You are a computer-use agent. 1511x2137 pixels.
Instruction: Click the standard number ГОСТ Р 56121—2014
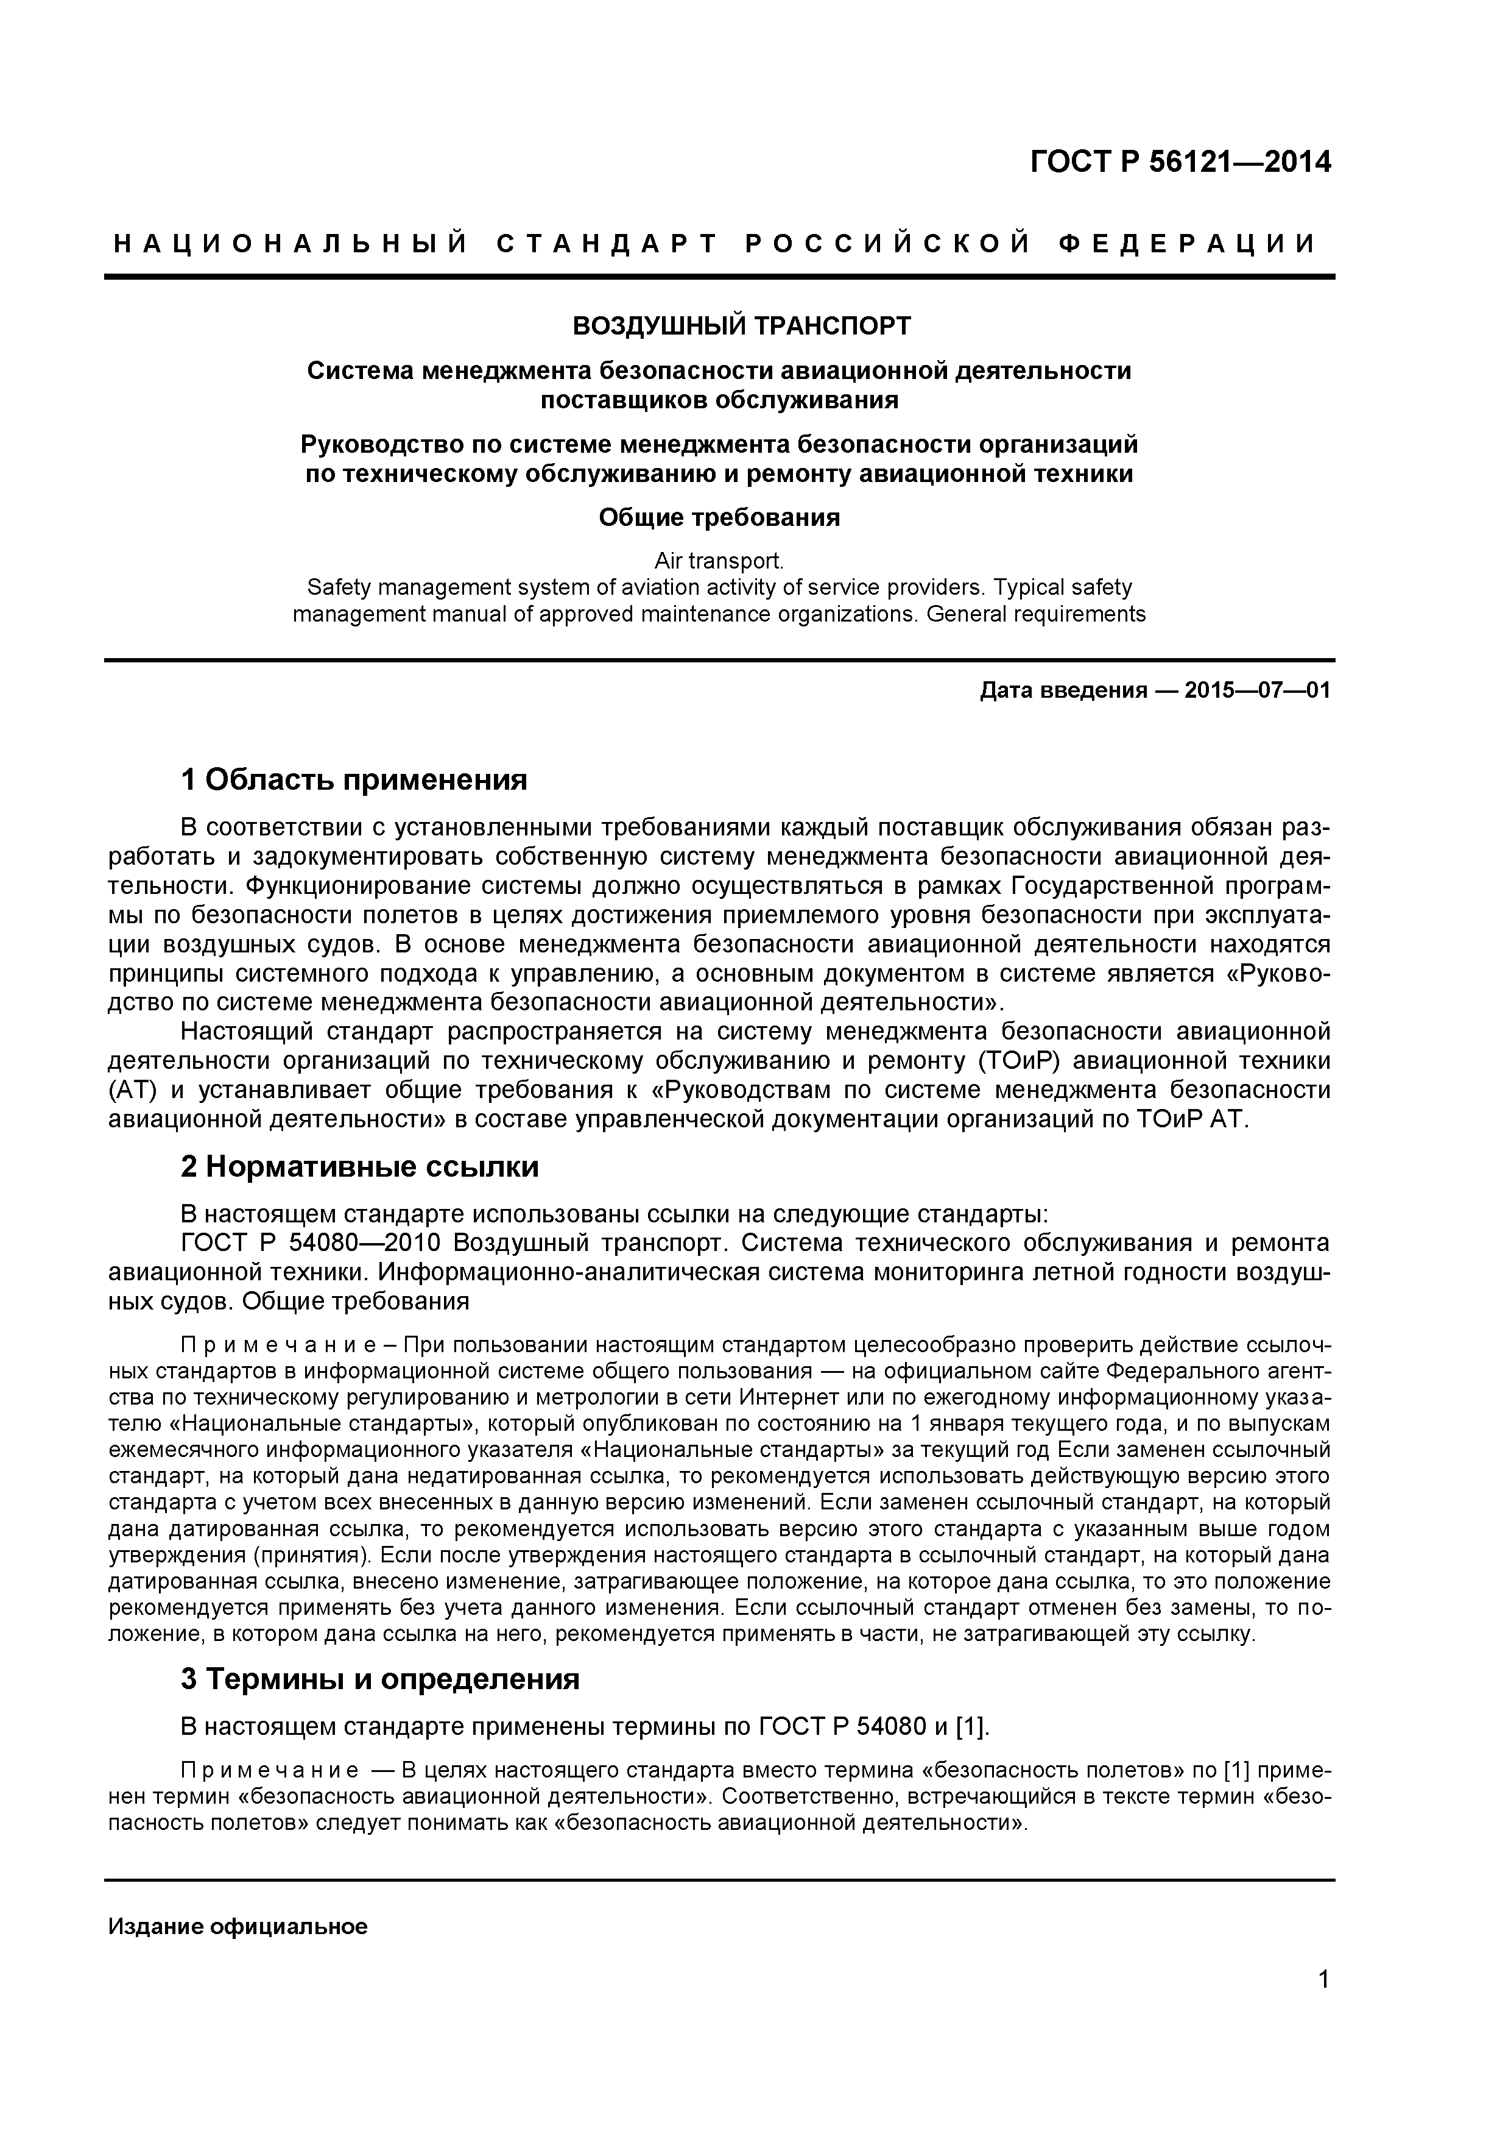pyautogui.click(x=1180, y=162)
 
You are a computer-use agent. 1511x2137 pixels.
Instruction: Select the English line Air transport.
pyautogui.click(x=718, y=561)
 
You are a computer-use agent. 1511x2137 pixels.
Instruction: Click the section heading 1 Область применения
pyautogui.click(x=354, y=780)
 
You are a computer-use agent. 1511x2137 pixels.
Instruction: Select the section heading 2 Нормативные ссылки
pyautogui.click(x=359, y=1167)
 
